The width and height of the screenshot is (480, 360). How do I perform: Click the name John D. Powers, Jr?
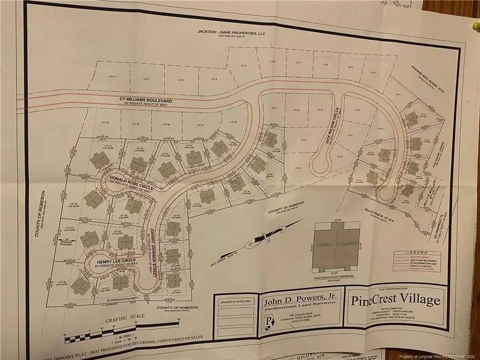point(298,301)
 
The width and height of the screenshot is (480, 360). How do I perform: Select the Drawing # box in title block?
point(235,302)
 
